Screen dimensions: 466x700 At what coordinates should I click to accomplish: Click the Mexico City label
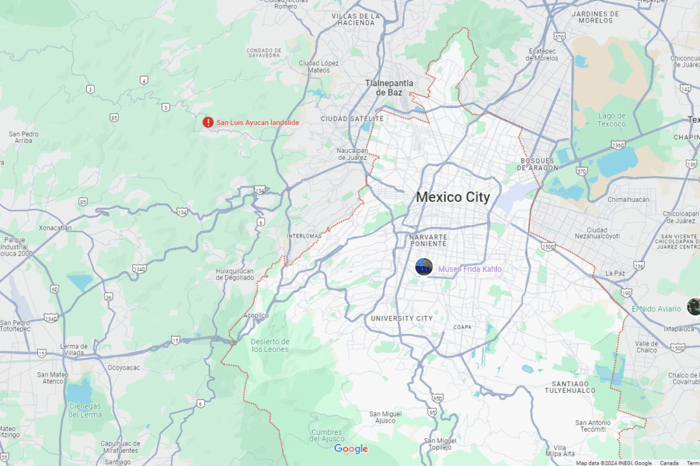click(452, 197)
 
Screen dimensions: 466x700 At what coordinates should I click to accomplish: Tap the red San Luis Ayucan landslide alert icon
click(207, 122)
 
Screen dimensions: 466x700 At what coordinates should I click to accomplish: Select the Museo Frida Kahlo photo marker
click(424, 267)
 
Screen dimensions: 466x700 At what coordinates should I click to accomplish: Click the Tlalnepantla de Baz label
click(389, 87)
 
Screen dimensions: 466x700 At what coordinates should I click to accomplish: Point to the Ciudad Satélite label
click(352, 119)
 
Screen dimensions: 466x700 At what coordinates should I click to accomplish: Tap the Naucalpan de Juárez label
click(352, 154)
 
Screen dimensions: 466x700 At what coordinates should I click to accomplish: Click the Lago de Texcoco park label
click(612, 120)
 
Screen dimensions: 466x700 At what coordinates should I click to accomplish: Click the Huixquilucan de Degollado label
click(235, 274)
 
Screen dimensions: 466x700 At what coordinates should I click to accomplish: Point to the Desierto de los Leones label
click(270, 345)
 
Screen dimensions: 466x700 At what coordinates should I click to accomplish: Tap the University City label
click(401, 318)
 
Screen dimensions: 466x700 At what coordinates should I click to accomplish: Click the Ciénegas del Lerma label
click(86, 410)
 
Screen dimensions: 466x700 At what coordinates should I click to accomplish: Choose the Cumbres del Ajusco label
click(326, 436)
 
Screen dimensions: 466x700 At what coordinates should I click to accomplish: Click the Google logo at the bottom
click(351, 449)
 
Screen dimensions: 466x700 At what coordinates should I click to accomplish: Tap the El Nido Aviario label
click(657, 309)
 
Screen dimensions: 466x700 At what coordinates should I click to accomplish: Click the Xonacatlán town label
click(55, 228)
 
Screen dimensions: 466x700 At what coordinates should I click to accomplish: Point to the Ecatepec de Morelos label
click(534, 54)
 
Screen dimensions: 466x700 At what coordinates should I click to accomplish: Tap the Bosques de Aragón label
click(537, 164)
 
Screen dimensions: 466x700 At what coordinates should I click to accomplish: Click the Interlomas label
click(303, 236)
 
